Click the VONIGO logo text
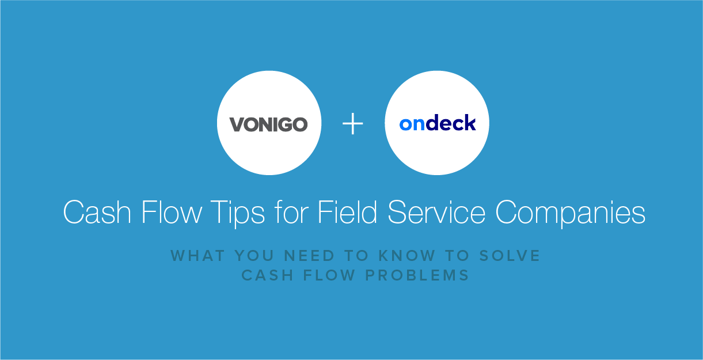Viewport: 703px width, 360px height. [269, 124]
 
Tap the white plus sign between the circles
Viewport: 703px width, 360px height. [353, 123]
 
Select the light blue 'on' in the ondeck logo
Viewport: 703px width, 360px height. [412, 124]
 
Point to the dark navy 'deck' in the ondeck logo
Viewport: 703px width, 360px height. [451, 123]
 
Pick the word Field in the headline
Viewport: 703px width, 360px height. [347, 212]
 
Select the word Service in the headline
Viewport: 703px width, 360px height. [436, 212]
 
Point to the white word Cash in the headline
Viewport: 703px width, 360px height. [97, 212]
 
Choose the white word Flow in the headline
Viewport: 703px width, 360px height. [172, 212]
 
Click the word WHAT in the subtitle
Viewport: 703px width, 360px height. [197, 256]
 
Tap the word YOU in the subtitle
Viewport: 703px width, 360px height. [254, 256]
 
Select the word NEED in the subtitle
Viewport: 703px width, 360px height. [309, 256]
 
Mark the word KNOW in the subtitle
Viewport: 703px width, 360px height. [407, 256]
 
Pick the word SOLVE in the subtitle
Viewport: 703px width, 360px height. [510, 256]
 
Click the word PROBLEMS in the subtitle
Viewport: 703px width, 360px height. [417, 275]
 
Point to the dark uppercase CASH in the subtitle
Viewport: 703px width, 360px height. [267, 275]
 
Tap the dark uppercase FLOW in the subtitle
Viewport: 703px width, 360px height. [329, 275]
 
